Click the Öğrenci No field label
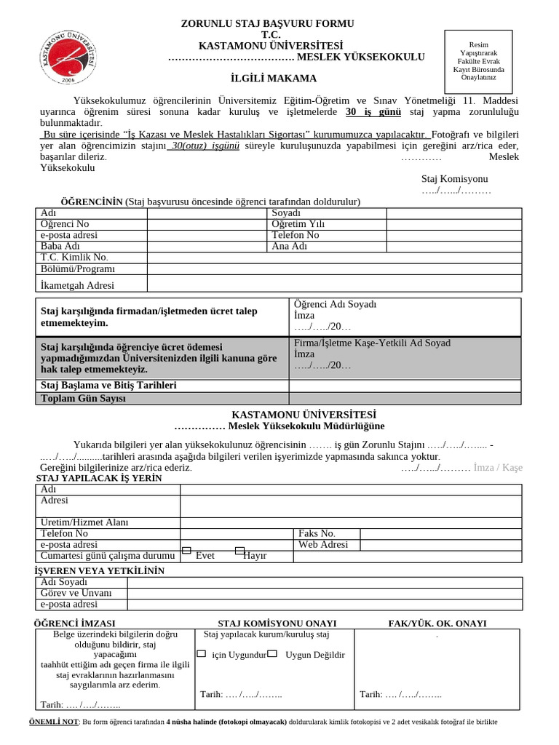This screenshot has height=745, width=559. click(x=65, y=224)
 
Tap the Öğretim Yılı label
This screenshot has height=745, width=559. click(x=298, y=224)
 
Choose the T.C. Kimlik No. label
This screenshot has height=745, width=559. click(x=74, y=257)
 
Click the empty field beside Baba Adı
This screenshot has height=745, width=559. click(x=207, y=246)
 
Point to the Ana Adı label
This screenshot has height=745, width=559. click(x=290, y=246)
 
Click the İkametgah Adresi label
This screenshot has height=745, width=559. click(x=77, y=285)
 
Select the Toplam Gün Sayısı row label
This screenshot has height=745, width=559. click(x=84, y=399)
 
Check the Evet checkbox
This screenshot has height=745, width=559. click(x=186, y=551)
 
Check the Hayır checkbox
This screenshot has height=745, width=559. click(x=240, y=551)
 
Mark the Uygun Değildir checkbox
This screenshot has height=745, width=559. click(x=272, y=654)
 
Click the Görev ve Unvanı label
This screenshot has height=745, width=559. click(x=76, y=593)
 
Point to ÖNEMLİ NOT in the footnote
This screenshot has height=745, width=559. click(x=52, y=722)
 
